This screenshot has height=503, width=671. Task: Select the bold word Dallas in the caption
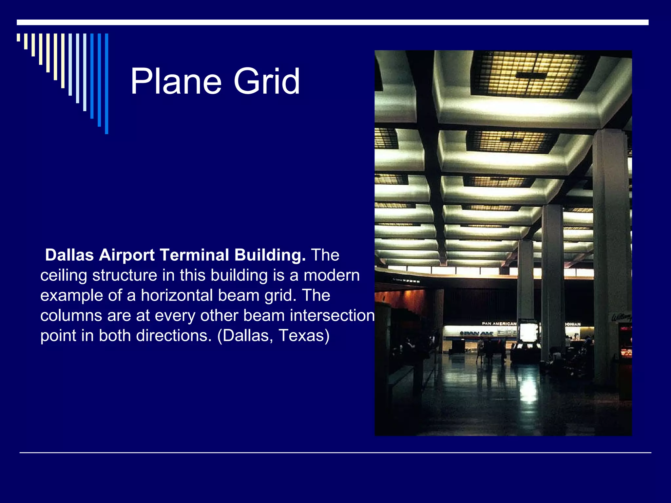tap(69, 255)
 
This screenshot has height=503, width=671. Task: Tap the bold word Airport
tap(127, 255)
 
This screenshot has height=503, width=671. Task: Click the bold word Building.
tap(270, 255)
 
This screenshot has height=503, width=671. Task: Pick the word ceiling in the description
tap(64, 275)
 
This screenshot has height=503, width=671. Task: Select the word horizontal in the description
tap(177, 295)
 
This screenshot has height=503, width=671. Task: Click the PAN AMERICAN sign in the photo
tap(499, 324)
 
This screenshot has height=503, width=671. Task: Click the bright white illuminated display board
tap(528, 333)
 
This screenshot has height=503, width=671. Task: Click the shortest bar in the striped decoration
tap(18, 37)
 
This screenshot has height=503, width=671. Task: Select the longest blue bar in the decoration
tap(106, 84)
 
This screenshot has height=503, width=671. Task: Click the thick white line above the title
tap(333, 22)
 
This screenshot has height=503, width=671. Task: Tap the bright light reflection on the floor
tap(529, 390)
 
